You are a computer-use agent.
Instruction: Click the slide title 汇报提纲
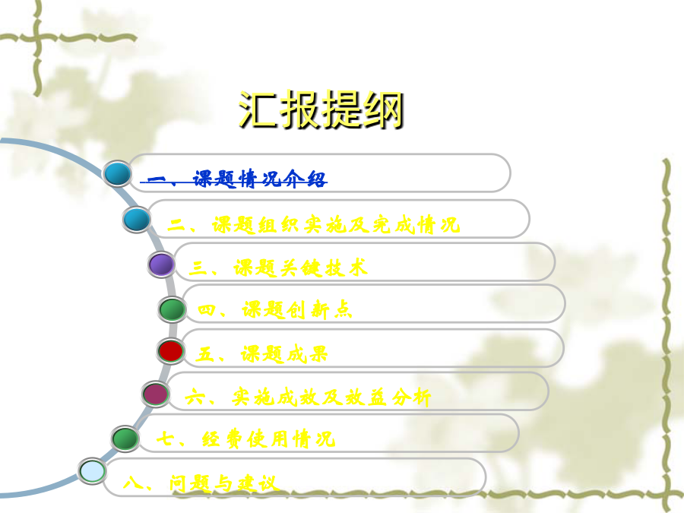click(321, 110)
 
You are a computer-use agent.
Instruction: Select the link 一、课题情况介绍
click(234, 179)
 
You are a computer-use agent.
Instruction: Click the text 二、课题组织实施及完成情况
click(314, 225)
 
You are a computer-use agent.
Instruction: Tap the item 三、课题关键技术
click(278, 268)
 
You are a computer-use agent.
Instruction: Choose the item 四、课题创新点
click(275, 310)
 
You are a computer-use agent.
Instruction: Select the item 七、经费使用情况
click(245, 439)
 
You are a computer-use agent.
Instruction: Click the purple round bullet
click(161, 264)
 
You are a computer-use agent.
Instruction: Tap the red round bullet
click(170, 351)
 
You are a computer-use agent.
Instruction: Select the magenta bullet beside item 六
click(156, 394)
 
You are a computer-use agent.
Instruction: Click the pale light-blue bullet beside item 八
click(92, 471)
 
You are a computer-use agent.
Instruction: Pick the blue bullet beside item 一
click(117, 173)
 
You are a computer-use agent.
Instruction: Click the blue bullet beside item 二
click(137, 219)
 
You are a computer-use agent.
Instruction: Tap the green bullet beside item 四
click(172, 309)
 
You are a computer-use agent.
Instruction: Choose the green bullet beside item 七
click(125, 439)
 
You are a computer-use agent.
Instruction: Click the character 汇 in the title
click(258, 110)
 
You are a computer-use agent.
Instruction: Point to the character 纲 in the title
click(384, 110)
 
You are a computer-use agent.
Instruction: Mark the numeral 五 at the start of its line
click(204, 354)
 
